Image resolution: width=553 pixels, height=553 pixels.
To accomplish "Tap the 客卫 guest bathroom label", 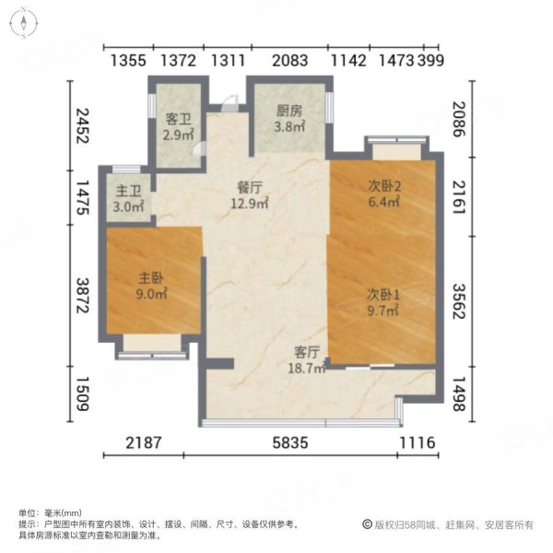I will pyautogui.click(x=177, y=119).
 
